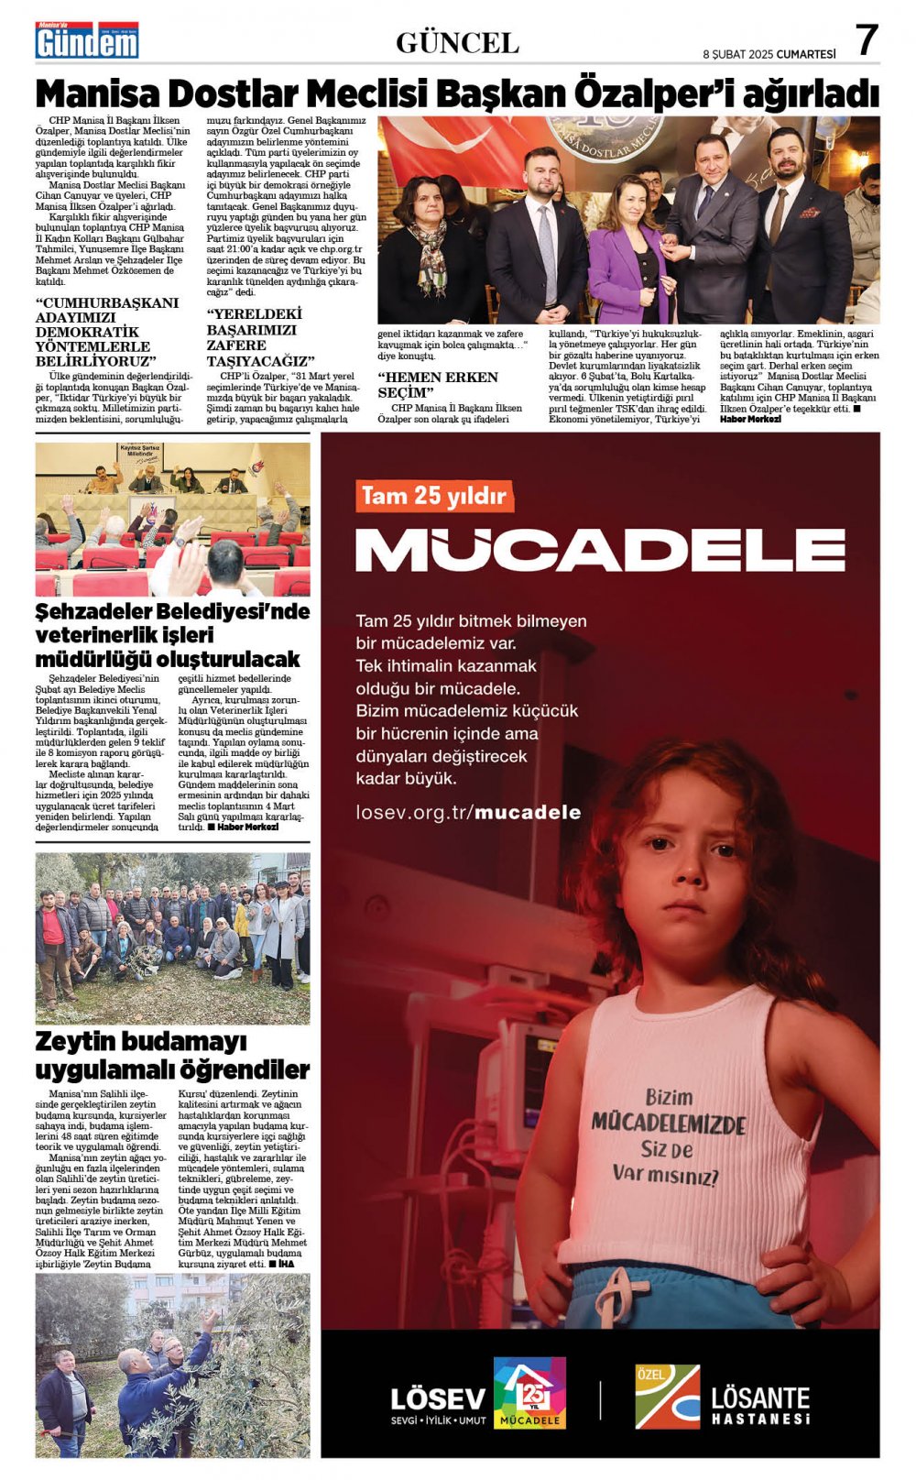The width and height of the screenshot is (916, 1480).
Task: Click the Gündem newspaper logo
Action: click(x=87, y=40)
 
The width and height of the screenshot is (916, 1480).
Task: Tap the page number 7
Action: click(x=866, y=40)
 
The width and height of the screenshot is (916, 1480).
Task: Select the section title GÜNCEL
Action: click(x=457, y=43)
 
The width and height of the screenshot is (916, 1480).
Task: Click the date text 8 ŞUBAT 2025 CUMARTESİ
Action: click(x=769, y=54)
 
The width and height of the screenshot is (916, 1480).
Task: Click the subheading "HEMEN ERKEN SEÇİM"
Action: click(x=438, y=384)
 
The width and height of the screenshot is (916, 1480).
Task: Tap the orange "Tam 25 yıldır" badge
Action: click(x=434, y=496)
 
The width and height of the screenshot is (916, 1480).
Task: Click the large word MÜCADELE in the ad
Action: click(x=600, y=549)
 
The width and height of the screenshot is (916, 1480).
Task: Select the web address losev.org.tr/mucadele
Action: click(x=468, y=812)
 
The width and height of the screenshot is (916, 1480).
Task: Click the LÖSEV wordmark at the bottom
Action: click(x=438, y=1398)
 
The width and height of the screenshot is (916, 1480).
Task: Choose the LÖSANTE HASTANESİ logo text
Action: click(x=760, y=1404)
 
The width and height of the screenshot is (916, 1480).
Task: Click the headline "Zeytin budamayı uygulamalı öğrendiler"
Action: click(x=172, y=1056)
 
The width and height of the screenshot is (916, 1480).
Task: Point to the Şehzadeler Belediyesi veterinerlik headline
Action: click(x=172, y=635)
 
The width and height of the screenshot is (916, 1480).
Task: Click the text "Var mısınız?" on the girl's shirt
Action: click(x=665, y=1174)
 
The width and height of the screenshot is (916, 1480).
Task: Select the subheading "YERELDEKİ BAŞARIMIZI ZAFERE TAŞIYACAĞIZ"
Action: click(x=260, y=337)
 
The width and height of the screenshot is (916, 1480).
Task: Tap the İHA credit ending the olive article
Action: click(x=286, y=1264)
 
